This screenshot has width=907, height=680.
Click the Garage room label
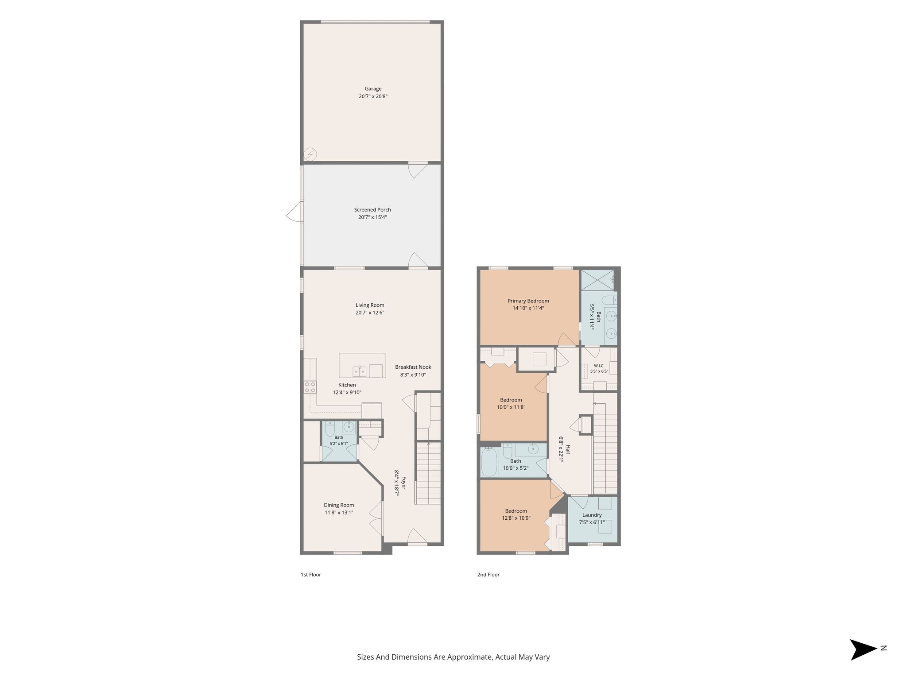(373, 89)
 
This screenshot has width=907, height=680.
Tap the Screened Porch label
(372, 210)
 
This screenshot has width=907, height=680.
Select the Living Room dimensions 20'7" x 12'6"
(370, 313)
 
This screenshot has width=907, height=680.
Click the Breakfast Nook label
(413, 367)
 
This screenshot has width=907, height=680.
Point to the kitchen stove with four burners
(310, 387)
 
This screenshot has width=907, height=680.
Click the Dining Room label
(339, 505)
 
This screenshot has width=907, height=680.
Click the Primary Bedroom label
(528, 301)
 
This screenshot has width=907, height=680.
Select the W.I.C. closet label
(599, 366)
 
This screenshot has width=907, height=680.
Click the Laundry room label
(592, 515)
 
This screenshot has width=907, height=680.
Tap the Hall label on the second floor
(568, 449)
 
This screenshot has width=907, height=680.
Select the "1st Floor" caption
(311, 575)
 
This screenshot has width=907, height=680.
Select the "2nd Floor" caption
(488, 575)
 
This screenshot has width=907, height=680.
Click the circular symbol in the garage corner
(310, 155)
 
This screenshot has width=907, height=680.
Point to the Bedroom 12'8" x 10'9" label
(516, 514)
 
